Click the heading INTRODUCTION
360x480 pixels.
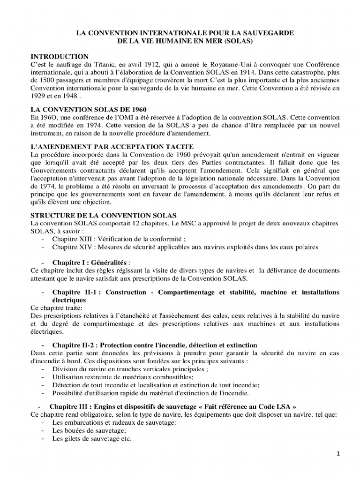[x=59, y=56]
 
